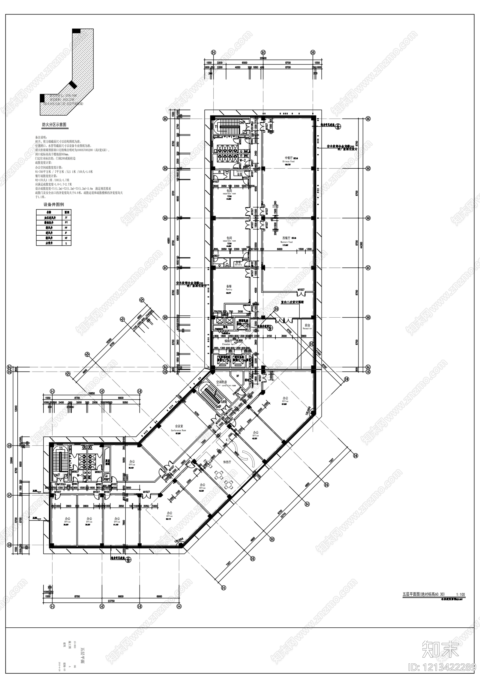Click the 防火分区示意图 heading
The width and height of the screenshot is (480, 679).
pos(54,125)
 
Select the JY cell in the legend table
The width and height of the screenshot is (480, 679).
pos(66,217)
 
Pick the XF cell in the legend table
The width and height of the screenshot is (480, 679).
pos(66,238)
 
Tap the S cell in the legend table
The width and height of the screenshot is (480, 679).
pos(66,243)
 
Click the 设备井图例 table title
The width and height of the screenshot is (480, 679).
pos(54,204)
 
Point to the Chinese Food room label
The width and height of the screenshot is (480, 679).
pos(288,161)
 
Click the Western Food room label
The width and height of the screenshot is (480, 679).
pos(286,242)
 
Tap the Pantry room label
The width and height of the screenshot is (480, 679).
pos(229,290)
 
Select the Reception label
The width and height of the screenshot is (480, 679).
pos(307,328)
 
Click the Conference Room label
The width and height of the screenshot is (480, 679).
pos(178,430)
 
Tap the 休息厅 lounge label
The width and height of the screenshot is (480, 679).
pos(227,462)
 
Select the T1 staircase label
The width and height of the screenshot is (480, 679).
pos(215,127)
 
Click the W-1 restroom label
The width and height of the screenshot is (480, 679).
pos(79,475)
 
